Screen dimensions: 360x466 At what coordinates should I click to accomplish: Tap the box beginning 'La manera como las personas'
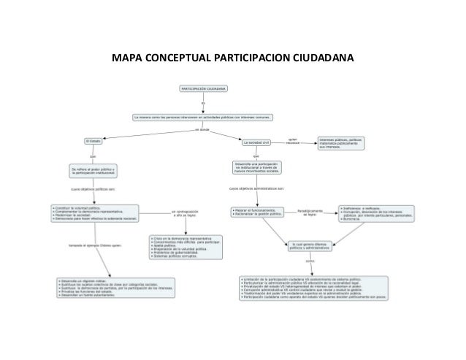pyautogui.click(x=204, y=116)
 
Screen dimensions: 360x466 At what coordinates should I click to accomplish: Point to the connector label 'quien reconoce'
pyautogui.click(x=293, y=139)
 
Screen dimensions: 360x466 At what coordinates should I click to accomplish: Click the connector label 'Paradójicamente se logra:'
pyautogui.click(x=310, y=212)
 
